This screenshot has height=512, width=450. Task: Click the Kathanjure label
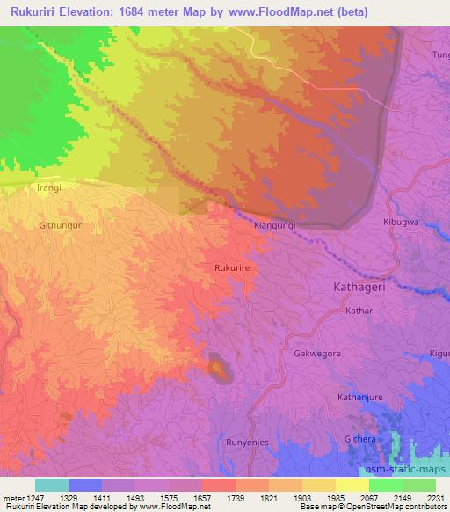[x=361, y=398]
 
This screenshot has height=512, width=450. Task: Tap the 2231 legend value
[x=435, y=497]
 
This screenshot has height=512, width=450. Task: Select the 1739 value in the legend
[x=235, y=497]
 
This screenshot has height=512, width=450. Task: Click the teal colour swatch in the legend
[x=51, y=485]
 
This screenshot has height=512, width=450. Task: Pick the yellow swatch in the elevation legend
[x=352, y=485]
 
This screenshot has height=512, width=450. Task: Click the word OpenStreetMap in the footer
[x=363, y=507]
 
